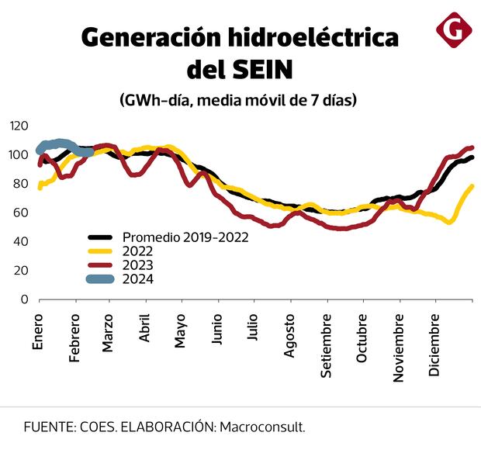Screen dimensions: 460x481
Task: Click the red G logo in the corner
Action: pos(454,29)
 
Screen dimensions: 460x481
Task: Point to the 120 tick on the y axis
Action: pos(19,126)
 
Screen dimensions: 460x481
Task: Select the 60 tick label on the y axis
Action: pos(21,213)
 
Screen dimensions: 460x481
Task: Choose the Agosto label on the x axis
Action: pos(289,336)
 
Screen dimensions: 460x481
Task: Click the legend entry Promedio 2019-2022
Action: pos(185,237)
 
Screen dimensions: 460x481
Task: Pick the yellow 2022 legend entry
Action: pos(137,251)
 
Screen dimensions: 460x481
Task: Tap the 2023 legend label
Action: pos(137,265)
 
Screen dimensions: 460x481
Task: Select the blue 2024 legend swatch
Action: pos(102,279)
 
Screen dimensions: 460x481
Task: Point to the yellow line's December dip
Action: pos(449,222)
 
